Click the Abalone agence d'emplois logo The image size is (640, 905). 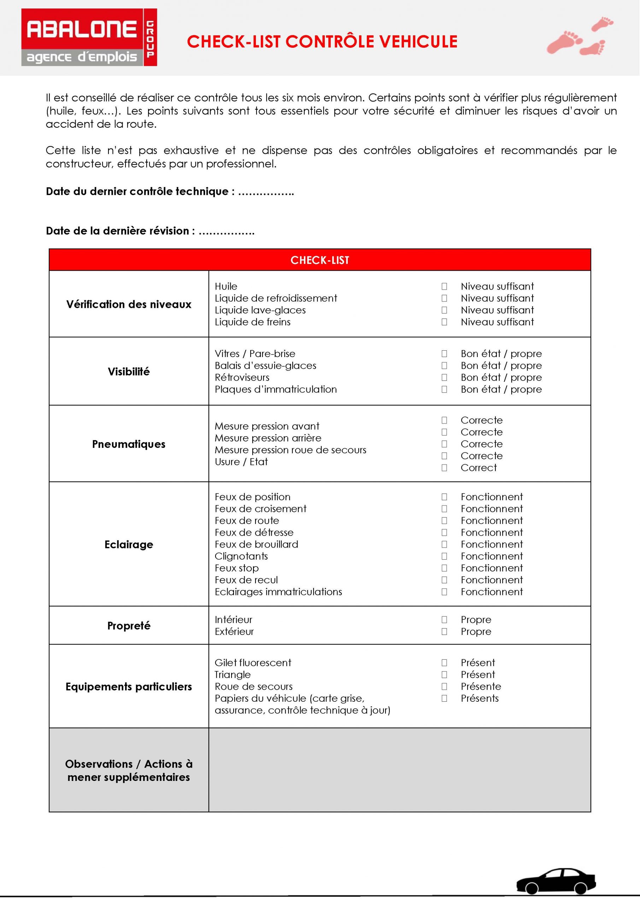[x=89, y=37]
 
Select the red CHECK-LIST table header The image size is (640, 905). [x=319, y=260]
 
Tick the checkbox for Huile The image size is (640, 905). [x=444, y=287]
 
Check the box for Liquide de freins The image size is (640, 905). [x=444, y=322]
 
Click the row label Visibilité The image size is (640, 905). [x=129, y=372]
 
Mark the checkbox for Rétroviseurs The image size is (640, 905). [x=444, y=378]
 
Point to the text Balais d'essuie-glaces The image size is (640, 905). [x=265, y=366]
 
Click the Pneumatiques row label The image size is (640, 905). [x=129, y=444]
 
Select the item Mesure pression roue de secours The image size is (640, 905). [x=290, y=450]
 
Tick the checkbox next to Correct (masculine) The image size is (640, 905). [x=444, y=468]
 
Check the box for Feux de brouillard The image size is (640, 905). [x=444, y=544]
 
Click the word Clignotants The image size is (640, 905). [x=241, y=556]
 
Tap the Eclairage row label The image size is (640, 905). [x=129, y=545]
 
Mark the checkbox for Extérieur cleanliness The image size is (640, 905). [x=444, y=631]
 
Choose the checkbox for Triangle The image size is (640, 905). [x=444, y=675]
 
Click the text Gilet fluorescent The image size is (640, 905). [x=253, y=662]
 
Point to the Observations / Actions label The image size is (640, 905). [x=129, y=770]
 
